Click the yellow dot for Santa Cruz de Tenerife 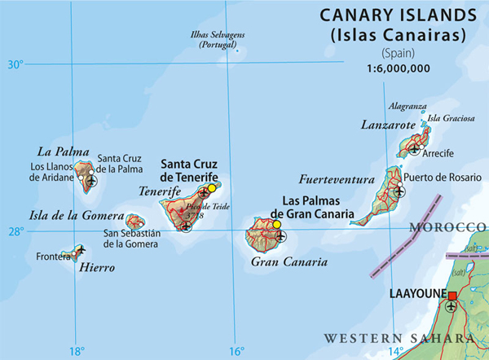212,188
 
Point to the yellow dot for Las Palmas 276,224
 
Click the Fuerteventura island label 336,179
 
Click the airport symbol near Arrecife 416,149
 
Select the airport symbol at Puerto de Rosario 399,192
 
